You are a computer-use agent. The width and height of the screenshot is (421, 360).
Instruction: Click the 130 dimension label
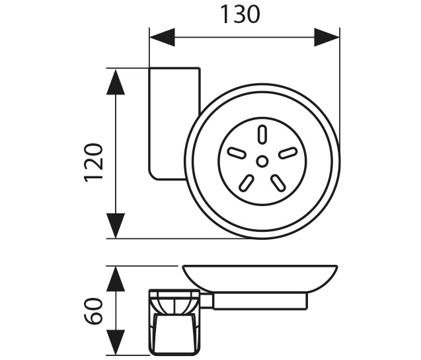pyautogui.click(x=240, y=15)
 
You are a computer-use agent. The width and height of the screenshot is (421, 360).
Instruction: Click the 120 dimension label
pyautogui.click(x=94, y=163)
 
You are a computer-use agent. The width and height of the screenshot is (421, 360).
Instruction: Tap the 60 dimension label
pyautogui.click(x=94, y=311)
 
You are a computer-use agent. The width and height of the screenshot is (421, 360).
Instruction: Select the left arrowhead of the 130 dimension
pyautogui.click(x=162, y=37)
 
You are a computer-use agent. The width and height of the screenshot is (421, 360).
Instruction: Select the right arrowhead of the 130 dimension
pyautogui.click(x=326, y=37)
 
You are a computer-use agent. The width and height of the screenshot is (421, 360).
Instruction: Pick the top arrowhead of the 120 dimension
pyautogui.click(x=116, y=82)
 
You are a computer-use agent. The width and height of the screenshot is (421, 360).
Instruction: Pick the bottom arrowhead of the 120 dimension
pyautogui.click(x=116, y=225)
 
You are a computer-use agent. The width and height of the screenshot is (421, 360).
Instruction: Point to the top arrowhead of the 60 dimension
pyautogui.click(x=116, y=279)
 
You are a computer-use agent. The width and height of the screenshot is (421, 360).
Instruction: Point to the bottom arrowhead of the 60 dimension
pyautogui.click(x=116, y=342)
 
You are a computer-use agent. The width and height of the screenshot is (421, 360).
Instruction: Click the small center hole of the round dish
pyautogui.click(x=262, y=161)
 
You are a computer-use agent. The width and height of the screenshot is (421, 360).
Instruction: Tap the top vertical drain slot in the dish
pyautogui.click(x=262, y=134)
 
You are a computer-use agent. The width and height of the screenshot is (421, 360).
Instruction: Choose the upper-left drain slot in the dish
pyautogui.click(x=237, y=153)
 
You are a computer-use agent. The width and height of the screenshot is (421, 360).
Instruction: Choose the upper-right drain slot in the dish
pyautogui.click(x=287, y=153)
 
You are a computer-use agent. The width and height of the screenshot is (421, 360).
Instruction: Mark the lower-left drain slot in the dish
pyautogui.click(x=247, y=183)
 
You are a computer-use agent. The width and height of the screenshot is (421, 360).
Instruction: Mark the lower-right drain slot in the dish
pyautogui.click(x=278, y=183)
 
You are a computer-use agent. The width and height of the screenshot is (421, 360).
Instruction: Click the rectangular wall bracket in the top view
pyautogui.click(x=174, y=124)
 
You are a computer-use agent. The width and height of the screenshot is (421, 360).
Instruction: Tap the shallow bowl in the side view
pyautogui.click(x=260, y=279)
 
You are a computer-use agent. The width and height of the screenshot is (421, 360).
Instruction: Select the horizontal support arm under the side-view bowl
pyautogui.click(x=260, y=301)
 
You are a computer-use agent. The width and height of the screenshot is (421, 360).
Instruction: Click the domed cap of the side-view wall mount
pyautogui.click(x=174, y=303)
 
